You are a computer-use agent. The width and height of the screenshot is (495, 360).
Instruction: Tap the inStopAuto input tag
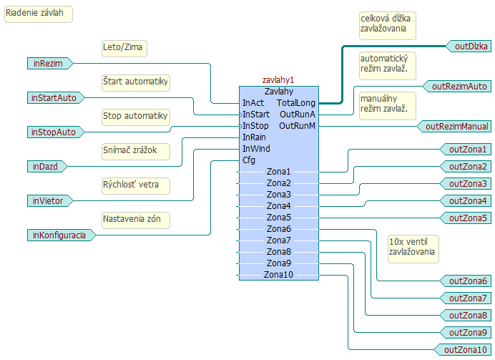(52, 132)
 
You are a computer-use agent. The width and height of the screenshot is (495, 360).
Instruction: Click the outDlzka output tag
(471, 46)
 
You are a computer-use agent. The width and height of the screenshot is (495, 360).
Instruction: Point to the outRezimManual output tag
(456, 127)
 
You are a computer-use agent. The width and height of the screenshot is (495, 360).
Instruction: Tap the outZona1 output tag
(467, 150)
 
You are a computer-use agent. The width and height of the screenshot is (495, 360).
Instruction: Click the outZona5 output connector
(467, 218)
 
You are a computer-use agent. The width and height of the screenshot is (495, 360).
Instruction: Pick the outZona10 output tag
(464, 349)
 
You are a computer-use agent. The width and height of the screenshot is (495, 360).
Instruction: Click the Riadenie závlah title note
(39, 14)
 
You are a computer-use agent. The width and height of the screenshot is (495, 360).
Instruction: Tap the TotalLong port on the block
(296, 103)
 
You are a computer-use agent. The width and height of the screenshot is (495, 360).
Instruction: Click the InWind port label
(255, 149)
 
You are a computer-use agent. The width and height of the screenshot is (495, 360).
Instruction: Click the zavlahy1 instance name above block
(278, 81)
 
